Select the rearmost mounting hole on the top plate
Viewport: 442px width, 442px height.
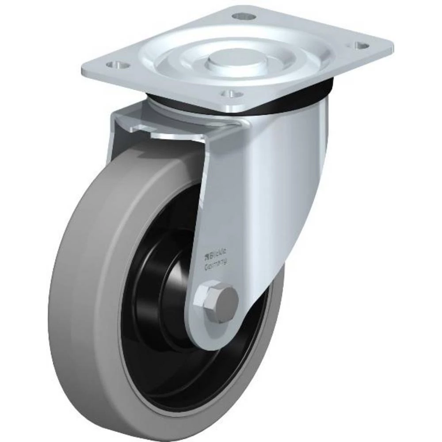244,17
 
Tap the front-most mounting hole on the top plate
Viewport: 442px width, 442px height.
232,94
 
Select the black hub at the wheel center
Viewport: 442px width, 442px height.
172,287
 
